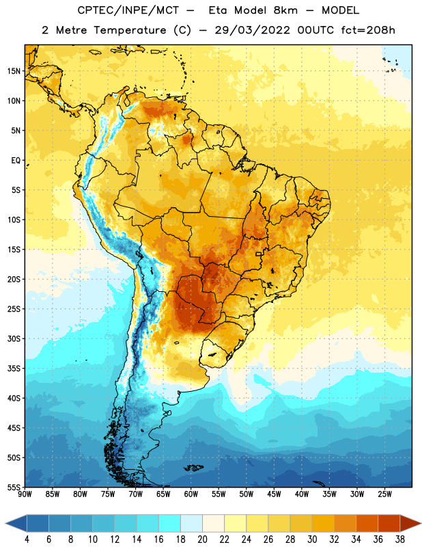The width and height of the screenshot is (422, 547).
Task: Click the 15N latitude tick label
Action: (x=14, y=71)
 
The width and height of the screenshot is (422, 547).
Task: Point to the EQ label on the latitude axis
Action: (x=16, y=161)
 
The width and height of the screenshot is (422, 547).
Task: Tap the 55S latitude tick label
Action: (x=14, y=487)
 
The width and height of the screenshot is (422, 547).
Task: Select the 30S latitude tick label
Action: (x=14, y=338)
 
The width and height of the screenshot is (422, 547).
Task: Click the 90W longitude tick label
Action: (x=25, y=494)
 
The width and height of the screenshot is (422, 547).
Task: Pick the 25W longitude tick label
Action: (x=384, y=494)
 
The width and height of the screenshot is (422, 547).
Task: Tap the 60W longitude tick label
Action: (x=191, y=494)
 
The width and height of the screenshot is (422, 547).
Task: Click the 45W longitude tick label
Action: (x=274, y=494)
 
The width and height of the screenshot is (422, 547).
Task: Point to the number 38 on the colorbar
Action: (x=399, y=539)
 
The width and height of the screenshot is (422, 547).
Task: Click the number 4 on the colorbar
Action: (x=27, y=539)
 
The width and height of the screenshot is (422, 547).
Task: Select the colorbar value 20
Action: (x=202, y=539)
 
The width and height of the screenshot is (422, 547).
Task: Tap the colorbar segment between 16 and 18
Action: (x=170, y=523)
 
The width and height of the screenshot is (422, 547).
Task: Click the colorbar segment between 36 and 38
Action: (x=389, y=523)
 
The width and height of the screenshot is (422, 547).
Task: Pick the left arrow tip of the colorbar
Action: (x=5, y=523)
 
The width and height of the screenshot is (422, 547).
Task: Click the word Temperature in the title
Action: (x=130, y=31)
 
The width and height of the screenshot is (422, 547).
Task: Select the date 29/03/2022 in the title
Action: (x=252, y=30)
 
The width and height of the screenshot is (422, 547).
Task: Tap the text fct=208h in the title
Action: (x=368, y=30)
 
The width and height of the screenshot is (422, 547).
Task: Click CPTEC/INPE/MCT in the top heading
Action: (x=128, y=10)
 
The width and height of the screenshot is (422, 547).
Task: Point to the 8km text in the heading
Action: (x=285, y=10)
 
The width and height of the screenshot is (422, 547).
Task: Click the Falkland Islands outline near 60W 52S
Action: (x=193, y=468)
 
